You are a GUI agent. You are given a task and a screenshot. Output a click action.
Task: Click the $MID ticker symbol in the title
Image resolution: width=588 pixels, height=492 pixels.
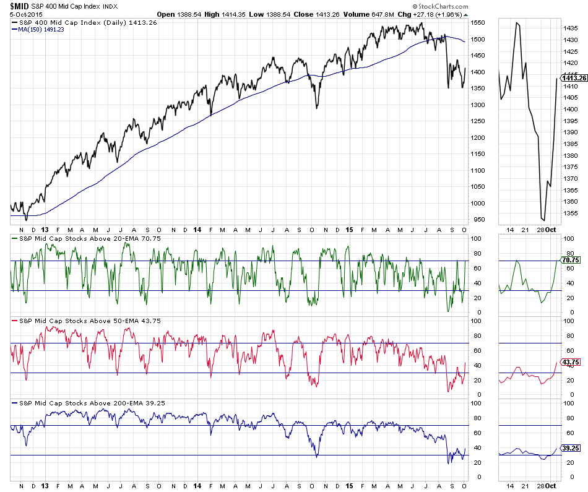[x=16, y=6]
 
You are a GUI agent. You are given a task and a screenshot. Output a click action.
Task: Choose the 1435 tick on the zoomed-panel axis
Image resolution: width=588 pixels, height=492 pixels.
[x=569, y=28]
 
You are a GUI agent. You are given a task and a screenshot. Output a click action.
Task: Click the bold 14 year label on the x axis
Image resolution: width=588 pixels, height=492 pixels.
[x=197, y=229]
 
